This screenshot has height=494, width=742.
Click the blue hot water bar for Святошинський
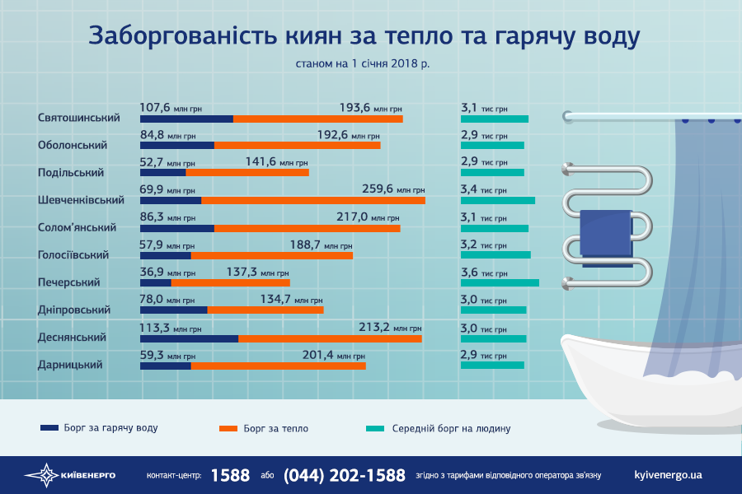[x=186, y=119]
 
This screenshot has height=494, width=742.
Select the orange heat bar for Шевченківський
[x=313, y=201]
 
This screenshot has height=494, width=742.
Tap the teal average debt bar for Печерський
[x=500, y=282]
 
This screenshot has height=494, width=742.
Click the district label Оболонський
[x=73, y=145]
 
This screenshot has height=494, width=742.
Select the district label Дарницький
[x=71, y=365]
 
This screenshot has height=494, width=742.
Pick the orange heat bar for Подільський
[x=247, y=173]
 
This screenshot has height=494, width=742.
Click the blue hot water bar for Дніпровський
[x=173, y=310]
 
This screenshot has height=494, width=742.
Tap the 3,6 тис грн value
[x=483, y=273]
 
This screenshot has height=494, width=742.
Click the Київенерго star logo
[x=41, y=475]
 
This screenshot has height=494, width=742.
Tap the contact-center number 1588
[x=230, y=475]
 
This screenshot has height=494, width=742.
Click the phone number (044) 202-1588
[x=345, y=475]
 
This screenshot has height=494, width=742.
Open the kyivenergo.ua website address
[x=669, y=475]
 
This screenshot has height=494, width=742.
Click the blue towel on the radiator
[x=606, y=232]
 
